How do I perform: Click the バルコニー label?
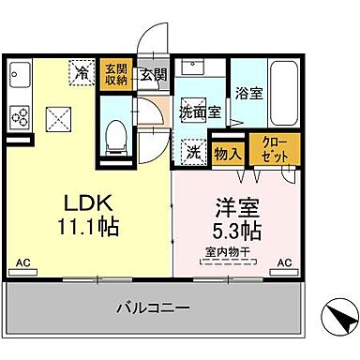coord(154,306)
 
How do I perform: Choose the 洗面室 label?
coord(199,110)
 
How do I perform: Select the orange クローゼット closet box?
coord(276,149)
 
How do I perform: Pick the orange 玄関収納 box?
coord(115,73)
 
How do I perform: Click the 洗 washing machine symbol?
coord(192,150)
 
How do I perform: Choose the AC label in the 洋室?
coord(284,263)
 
